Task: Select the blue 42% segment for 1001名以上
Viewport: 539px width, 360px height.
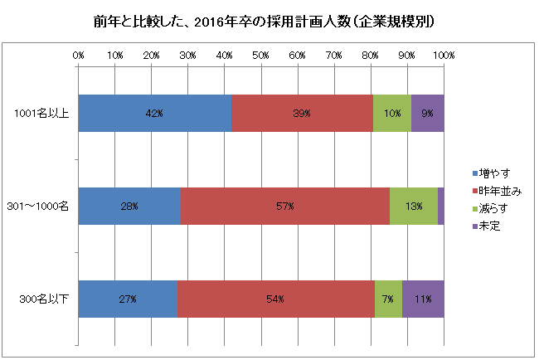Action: tap(155, 113)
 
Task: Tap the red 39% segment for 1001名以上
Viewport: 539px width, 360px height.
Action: tap(302, 113)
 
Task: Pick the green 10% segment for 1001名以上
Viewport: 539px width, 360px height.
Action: tap(391, 113)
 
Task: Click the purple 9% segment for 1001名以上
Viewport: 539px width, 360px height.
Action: tap(427, 113)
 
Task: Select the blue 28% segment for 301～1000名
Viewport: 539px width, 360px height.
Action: tap(129, 206)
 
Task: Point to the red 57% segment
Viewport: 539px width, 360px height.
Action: tap(284, 206)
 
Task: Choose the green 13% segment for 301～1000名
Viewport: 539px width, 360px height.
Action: tap(413, 206)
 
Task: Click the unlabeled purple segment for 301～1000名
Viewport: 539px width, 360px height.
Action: tap(440, 206)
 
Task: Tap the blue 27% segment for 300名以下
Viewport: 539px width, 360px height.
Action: tap(128, 298)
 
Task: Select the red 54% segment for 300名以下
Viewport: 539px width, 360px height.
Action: tap(275, 298)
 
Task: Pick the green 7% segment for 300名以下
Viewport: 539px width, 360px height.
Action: tap(388, 298)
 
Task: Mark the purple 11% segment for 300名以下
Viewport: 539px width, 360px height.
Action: tap(423, 298)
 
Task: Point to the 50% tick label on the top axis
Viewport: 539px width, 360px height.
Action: tap(260, 55)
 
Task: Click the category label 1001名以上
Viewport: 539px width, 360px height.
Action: tap(48, 113)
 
